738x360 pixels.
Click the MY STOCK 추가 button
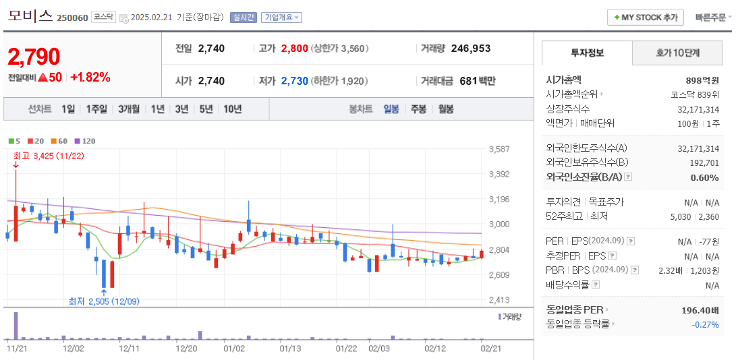point(646,18)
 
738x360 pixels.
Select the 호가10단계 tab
point(677,53)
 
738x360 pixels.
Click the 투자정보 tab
point(587,53)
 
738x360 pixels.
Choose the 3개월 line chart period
point(128,109)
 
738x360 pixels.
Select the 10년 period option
point(232,109)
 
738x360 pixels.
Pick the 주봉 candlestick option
point(418,109)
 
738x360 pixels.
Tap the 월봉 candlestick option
point(445,109)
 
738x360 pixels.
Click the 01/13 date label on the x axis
point(290,349)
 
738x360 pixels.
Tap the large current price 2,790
point(34,57)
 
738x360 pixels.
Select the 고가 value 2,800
point(295,49)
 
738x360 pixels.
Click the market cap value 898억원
point(702,80)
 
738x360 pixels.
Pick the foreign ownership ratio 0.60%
point(704,177)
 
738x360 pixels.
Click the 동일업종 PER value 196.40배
point(700,310)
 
